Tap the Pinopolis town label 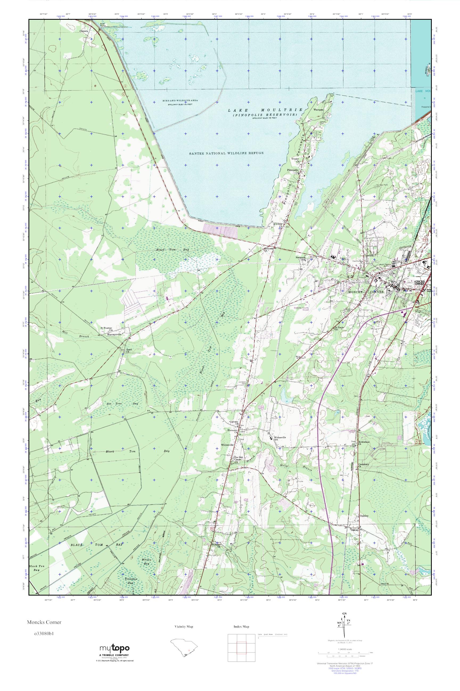[x=293, y=170]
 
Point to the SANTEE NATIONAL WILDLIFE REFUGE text [x=226, y=153]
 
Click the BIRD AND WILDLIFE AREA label [x=180, y=101]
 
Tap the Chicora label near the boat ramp [x=84, y=30]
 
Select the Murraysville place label [x=114, y=334]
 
